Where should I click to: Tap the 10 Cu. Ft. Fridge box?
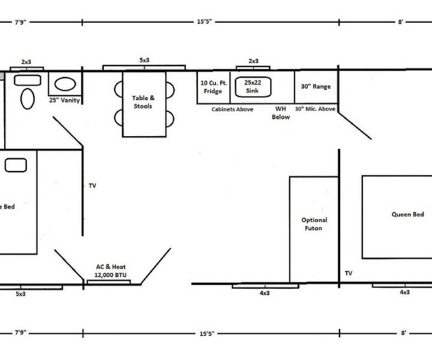[x=214, y=88]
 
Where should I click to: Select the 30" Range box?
[x=316, y=87]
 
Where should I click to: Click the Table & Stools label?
[x=143, y=102]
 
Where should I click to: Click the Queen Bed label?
[x=408, y=214]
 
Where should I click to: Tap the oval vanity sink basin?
[x=65, y=84]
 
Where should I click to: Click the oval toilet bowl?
[x=28, y=98]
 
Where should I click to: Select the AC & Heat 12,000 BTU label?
[x=110, y=271]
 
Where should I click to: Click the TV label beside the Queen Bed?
[x=349, y=273]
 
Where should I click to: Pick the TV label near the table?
[x=92, y=185]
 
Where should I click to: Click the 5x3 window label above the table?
[x=145, y=60]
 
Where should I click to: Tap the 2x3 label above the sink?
[x=253, y=61]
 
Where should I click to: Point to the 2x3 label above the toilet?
[x=26, y=62]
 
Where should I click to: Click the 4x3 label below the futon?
[x=265, y=293]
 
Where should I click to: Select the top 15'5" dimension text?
[x=205, y=22]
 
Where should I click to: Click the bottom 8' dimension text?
[x=403, y=333]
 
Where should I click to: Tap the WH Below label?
[x=281, y=113]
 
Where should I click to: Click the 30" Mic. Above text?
[x=315, y=109]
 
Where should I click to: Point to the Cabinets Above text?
[x=232, y=109]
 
